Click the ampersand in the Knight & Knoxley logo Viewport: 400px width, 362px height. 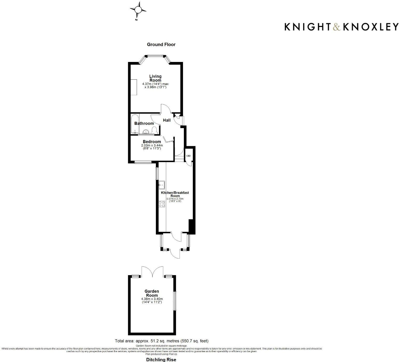click(x=337, y=27)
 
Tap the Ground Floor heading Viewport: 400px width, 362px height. click(x=161, y=44)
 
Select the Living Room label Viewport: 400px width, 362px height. click(x=155, y=78)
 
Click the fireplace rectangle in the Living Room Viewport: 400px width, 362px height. click(x=134, y=87)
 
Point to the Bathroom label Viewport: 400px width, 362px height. click(x=144, y=123)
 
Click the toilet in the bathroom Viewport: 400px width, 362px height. click(x=154, y=130)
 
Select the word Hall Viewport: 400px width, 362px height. click(x=167, y=120)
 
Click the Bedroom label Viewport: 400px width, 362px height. click(x=152, y=142)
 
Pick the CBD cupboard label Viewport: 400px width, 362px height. click(x=188, y=156)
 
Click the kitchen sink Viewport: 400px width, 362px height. click(x=162, y=185)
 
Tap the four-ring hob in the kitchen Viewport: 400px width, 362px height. click(x=162, y=204)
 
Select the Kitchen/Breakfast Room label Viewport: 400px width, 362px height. click(x=175, y=194)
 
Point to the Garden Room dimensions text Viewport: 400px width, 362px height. click(x=152, y=300)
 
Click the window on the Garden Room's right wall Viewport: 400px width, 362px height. click(x=175, y=301)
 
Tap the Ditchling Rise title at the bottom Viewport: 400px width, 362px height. click(x=161, y=360)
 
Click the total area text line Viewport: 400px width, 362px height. click(x=162, y=341)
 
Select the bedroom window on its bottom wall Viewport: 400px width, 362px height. click(x=143, y=163)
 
